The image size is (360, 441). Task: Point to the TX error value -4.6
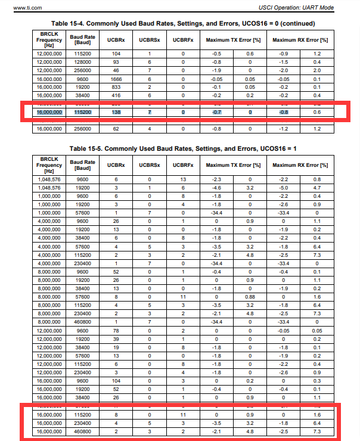coord(218,187)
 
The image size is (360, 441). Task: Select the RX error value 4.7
coord(316,187)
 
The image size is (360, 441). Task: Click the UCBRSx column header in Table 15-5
coord(149,164)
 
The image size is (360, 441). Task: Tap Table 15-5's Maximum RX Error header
coord(300,164)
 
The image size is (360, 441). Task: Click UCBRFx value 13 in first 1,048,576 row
coord(183,179)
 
